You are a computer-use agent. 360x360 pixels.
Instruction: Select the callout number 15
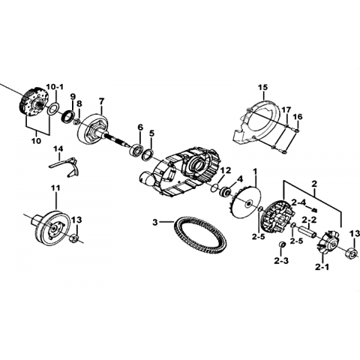[x=262, y=88]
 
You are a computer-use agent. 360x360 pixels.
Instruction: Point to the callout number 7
[x=101, y=101]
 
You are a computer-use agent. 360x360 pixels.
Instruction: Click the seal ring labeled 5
[x=148, y=154]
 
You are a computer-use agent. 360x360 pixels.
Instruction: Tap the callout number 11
[x=55, y=188]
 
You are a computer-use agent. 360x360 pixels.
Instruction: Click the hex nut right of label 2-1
[x=350, y=253]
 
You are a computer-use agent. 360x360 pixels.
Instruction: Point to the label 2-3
[x=281, y=261]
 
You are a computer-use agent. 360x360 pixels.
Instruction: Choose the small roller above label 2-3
[x=282, y=244]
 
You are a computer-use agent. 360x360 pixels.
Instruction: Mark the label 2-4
[x=298, y=202]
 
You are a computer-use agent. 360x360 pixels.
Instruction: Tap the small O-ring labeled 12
[x=214, y=188]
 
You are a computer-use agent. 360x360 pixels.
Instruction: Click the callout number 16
[x=298, y=117]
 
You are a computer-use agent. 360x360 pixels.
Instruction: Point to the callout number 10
[x=36, y=140]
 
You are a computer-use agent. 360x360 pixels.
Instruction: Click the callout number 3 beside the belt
[x=155, y=222]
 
